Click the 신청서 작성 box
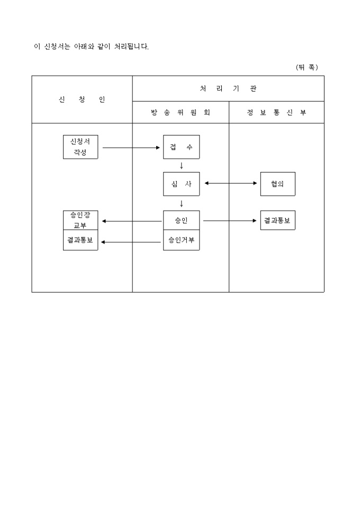80,147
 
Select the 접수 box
181,147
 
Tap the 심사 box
181,184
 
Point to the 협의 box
277,184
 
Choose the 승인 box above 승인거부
181,220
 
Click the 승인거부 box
181,240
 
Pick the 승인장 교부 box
80,220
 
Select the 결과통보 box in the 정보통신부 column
277,220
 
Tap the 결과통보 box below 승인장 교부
80,240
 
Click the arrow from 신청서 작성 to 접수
131,148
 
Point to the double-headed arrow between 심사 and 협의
230,184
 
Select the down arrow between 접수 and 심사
181,166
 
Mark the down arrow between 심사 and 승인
181,203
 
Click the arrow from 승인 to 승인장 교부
131,221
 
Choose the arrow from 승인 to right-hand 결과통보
230,221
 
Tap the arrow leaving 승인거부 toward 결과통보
131,242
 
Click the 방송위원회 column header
181,113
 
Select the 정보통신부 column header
276,113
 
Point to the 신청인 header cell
82,99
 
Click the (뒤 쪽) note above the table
307,67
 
